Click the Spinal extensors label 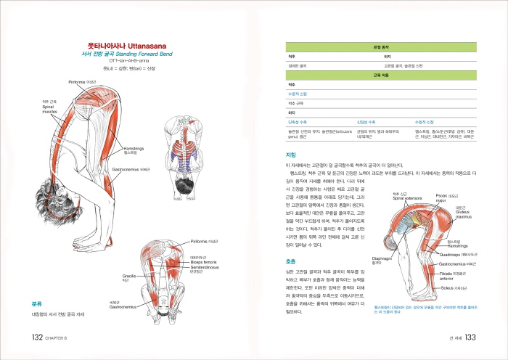[x=407, y=198]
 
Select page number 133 [x=470, y=337]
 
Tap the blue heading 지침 [x=291, y=156]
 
